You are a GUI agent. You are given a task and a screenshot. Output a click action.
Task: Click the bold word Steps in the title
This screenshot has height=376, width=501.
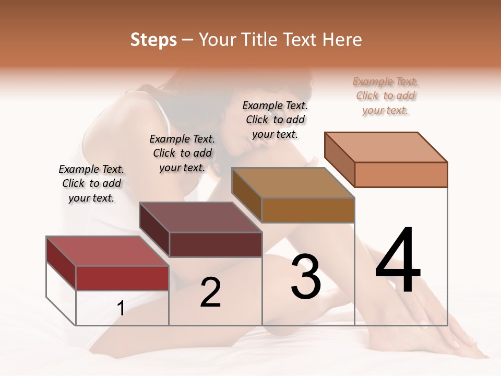pos(153,40)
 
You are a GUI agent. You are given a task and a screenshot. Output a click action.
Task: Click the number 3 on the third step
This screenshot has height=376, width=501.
pos(306,277)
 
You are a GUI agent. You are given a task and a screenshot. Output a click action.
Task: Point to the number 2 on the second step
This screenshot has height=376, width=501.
pos(210,293)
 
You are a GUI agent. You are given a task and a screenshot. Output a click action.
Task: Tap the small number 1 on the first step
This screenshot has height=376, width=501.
pos(121,309)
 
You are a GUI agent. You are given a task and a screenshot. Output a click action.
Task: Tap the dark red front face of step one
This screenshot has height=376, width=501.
pos(122,278)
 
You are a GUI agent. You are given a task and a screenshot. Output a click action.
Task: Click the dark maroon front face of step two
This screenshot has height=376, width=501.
pos(216,244)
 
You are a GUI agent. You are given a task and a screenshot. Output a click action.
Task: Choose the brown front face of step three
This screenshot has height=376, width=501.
pos(308,210)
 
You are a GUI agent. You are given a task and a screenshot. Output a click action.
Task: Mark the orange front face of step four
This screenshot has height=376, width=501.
pos(401,174)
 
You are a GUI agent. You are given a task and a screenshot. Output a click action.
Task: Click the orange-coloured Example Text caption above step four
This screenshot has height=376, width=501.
pos(385,96)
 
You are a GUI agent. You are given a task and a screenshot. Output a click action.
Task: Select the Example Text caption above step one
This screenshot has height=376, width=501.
pos(91,183)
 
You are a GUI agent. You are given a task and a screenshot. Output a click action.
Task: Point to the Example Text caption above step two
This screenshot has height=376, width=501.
pos(182,153)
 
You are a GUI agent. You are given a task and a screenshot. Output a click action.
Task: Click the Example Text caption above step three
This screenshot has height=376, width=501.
pos(275,120)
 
